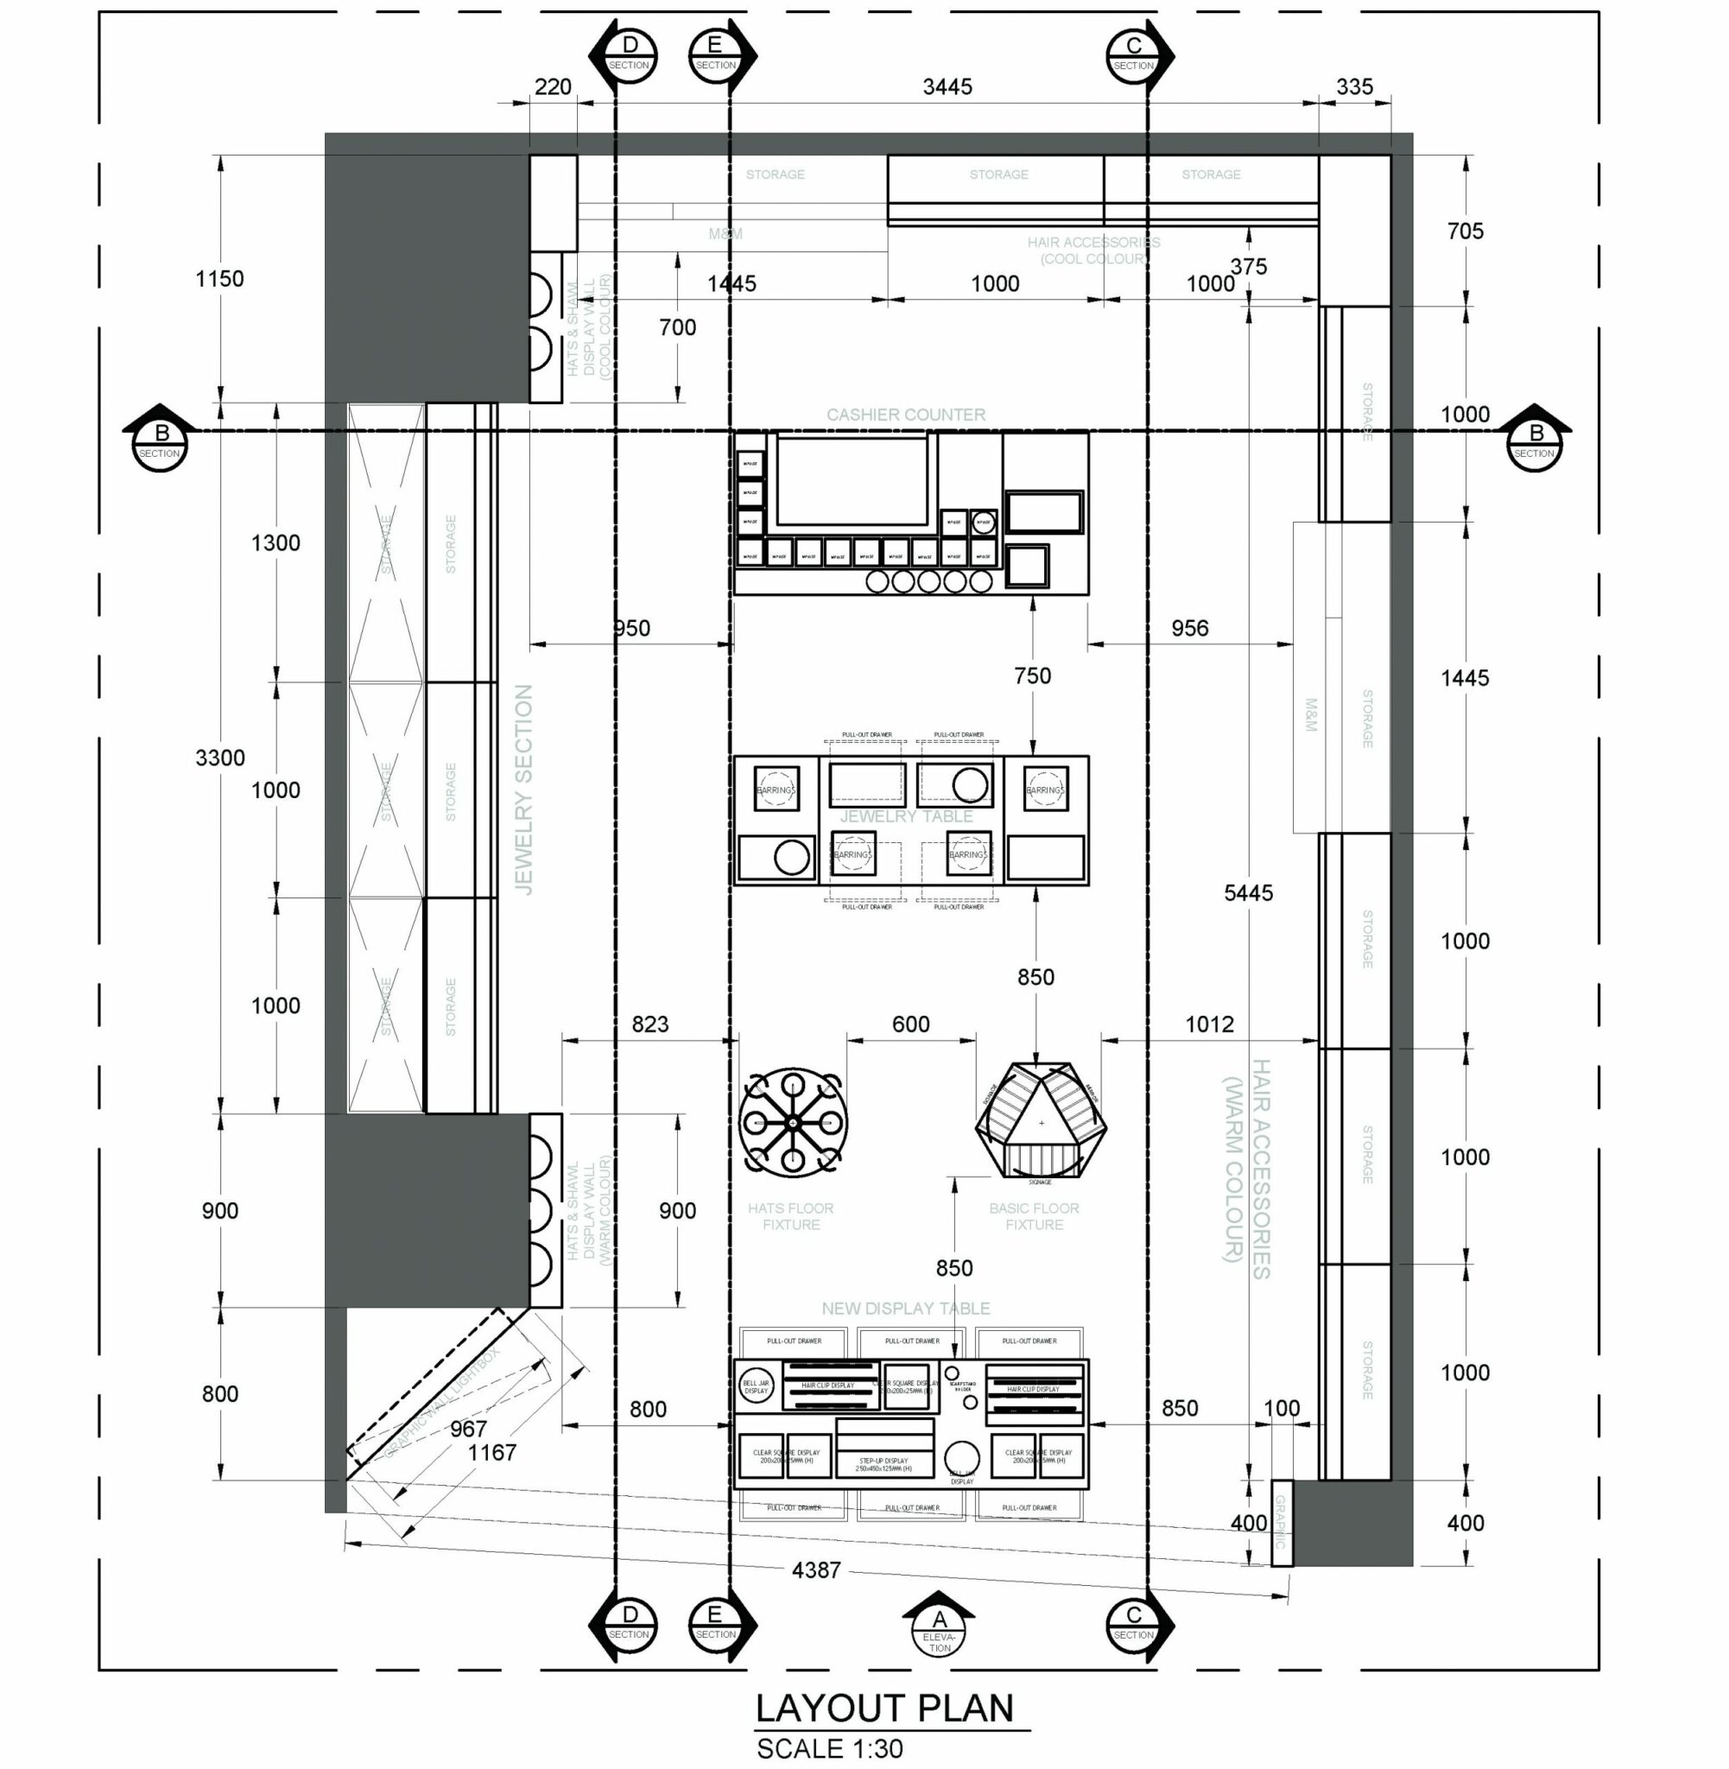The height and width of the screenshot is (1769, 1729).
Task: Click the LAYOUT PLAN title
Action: pos(883,1709)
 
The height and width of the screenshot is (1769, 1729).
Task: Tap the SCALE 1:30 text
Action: pos(829,1749)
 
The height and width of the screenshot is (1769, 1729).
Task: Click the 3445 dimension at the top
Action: pos(947,87)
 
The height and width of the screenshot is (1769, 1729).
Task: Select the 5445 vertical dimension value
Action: pos(1248,892)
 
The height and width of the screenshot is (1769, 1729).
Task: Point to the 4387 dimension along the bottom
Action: pos(815,1570)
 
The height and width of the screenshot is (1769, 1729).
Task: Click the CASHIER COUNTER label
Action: pos(905,415)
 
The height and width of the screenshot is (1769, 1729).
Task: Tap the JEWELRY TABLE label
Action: pos(905,816)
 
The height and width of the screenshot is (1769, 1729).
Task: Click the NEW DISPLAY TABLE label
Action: pos(905,1309)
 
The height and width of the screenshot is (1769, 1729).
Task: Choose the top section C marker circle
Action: pos(1133,54)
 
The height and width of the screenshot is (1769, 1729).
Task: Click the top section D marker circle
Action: pos(630,54)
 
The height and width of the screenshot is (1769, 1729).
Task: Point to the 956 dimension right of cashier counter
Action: pos(1188,629)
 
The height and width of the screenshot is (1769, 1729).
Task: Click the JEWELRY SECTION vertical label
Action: pos(524,789)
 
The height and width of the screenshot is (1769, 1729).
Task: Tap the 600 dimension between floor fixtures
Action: pos(910,1024)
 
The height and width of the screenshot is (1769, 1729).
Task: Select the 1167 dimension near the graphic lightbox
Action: pos(491,1453)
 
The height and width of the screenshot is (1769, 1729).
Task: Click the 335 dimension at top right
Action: pos(1354,87)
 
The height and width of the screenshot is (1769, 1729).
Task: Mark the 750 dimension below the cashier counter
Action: pos(1033,675)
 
